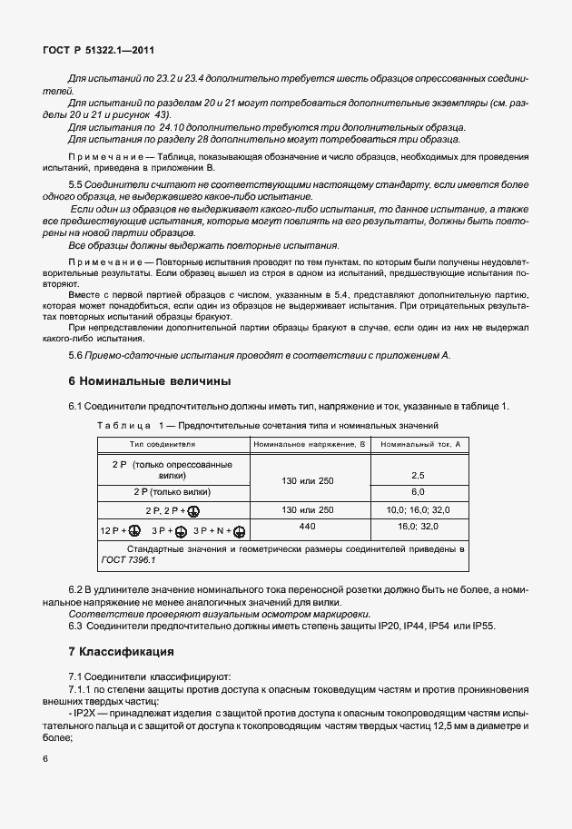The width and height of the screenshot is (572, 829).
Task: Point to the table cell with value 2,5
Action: pos(419,474)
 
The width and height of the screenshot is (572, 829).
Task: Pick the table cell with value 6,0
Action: pos(419,490)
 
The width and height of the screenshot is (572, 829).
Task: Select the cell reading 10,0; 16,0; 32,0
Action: pos(419,509)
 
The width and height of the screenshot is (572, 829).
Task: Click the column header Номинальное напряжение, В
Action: pos(309,445)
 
